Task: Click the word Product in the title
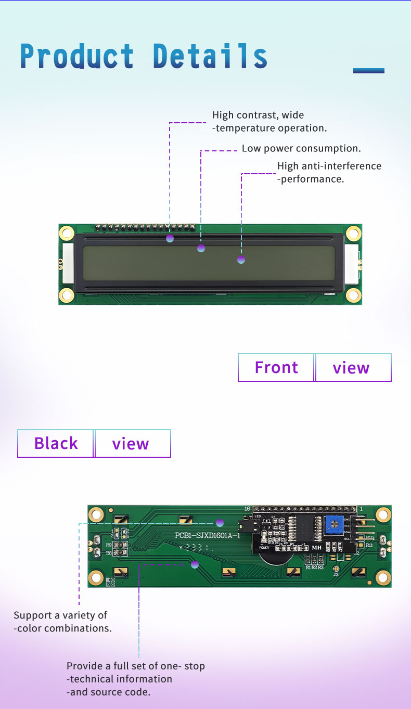[77, 56]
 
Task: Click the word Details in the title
[210, 56]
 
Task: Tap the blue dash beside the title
[368, 71]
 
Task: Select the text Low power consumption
[301, 148]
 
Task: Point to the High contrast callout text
[269, 121]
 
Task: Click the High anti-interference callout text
[329, 172]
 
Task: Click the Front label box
[276, 367]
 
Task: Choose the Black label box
[56, 443]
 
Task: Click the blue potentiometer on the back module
[336, 526]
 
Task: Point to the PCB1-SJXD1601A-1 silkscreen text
[207, 536]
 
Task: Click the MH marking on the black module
[317, 547]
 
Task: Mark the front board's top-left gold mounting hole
[67, 233]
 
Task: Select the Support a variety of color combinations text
[62, 622]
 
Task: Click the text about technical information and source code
[135, 679]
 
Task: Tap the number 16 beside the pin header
[247, 508]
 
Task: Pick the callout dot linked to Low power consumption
[201, 248]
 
